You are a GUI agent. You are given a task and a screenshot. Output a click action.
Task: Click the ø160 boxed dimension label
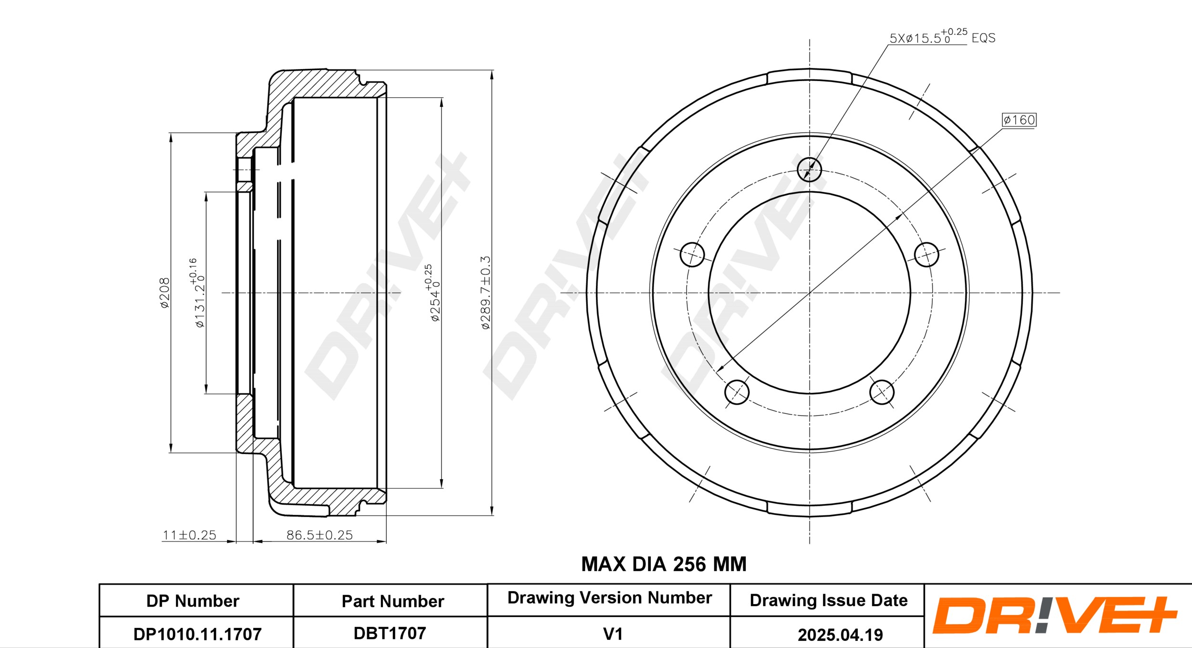tap(1019, 120)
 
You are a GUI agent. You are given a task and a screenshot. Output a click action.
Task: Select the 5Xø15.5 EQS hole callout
tap(942, 36)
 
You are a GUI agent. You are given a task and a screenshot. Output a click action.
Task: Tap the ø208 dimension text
tap(164, 293)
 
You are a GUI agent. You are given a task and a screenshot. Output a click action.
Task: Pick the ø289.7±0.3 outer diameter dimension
tap(485, 293)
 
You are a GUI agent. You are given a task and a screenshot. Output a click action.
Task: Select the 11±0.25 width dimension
tap(189, 535)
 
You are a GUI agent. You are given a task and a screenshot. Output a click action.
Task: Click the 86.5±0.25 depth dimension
tap(319, 535)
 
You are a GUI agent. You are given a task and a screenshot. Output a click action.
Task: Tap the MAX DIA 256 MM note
tap(664, 564)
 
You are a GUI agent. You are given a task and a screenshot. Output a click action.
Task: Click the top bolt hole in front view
tap(809, 169)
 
